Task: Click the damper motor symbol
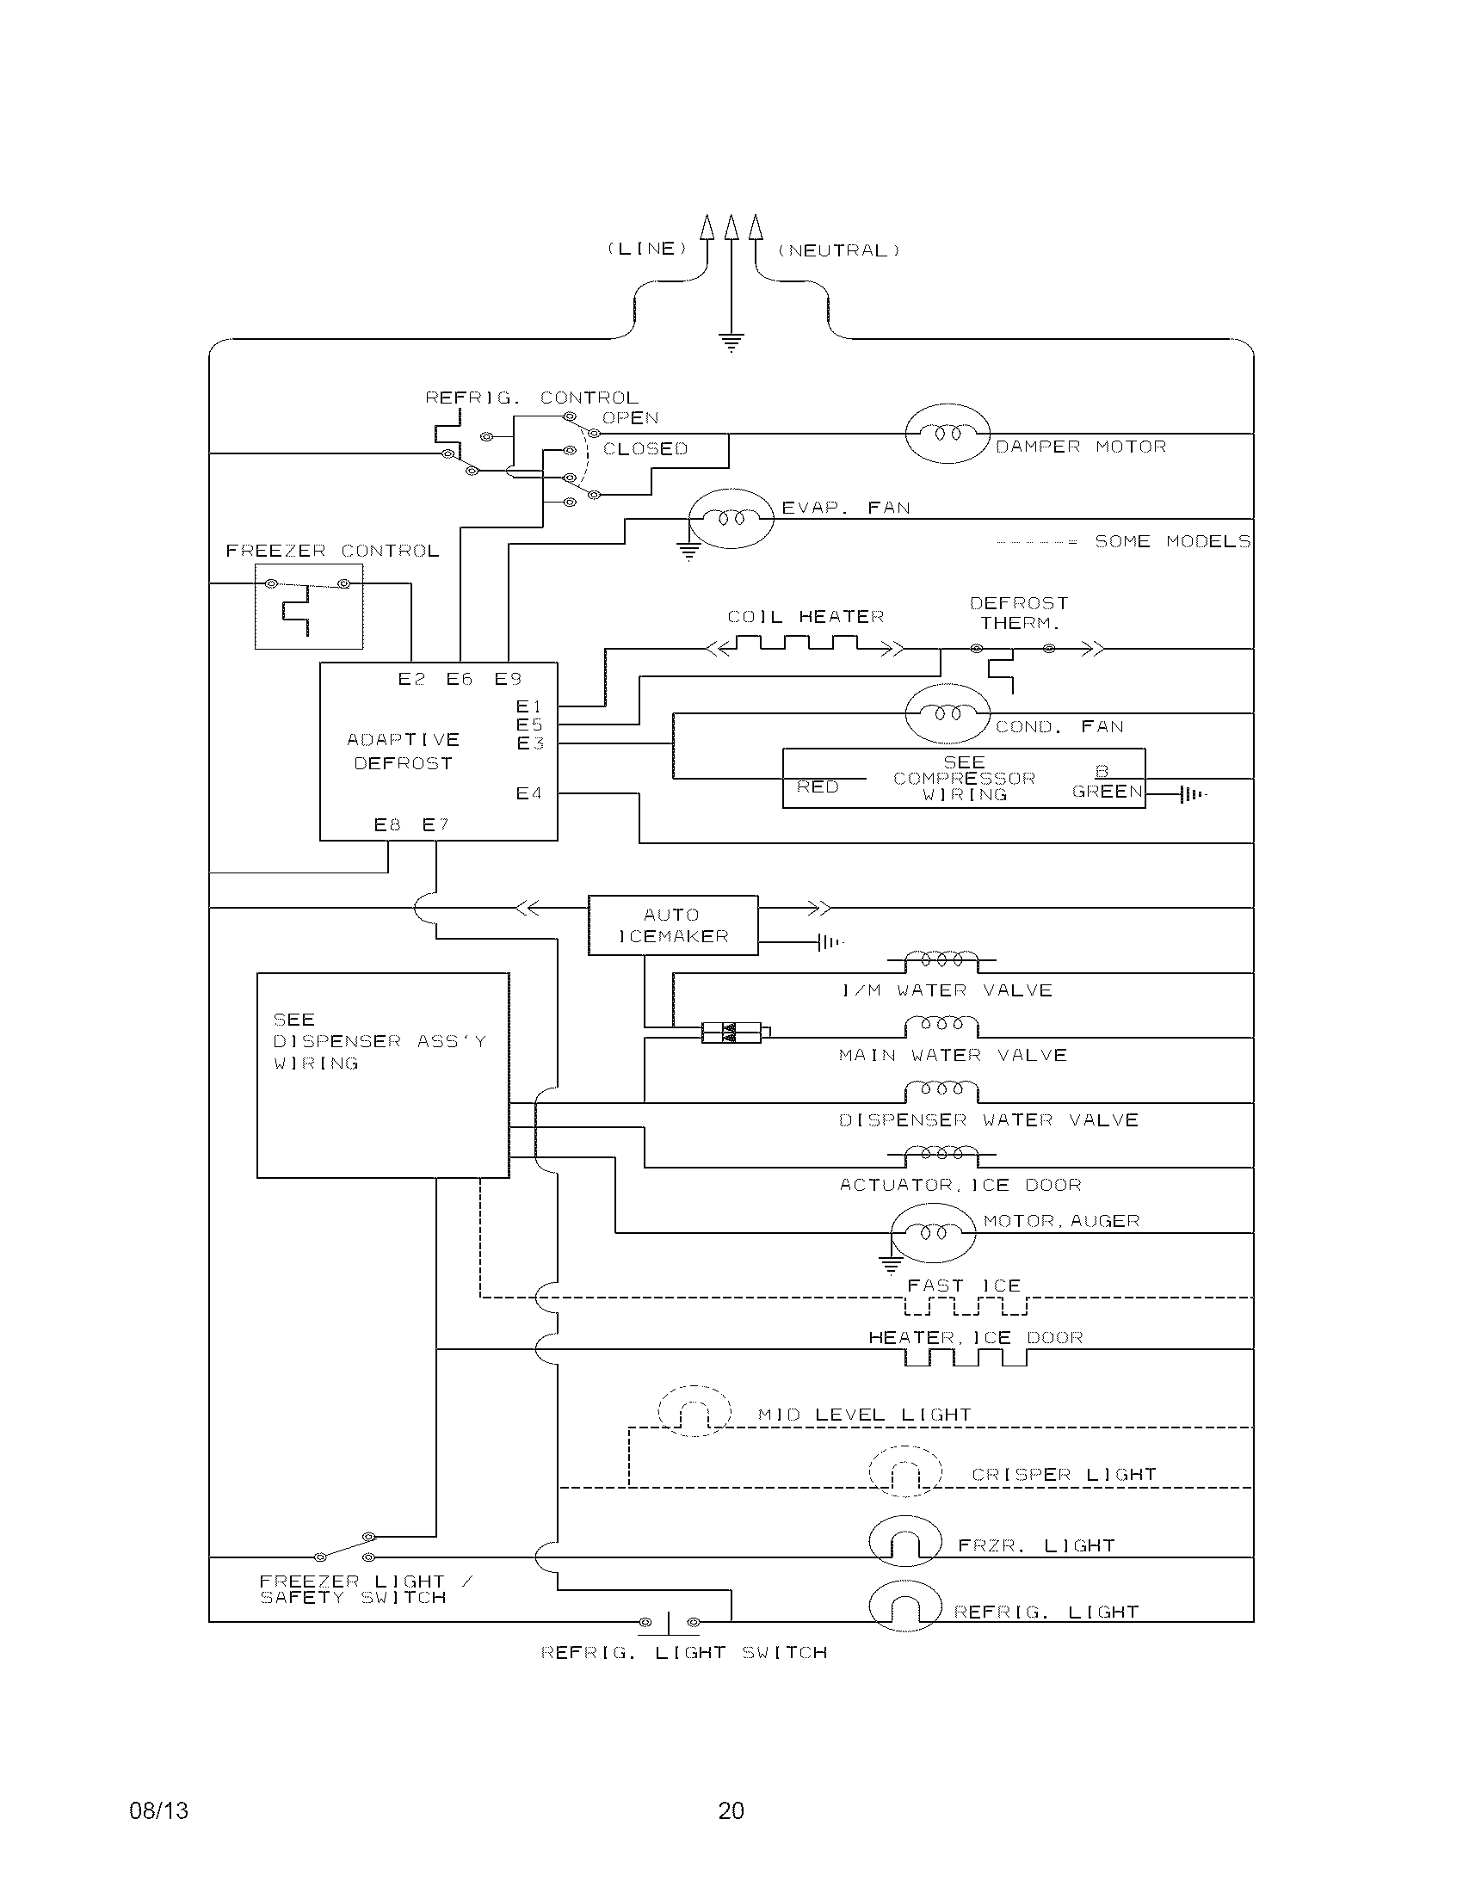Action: click(947, 433)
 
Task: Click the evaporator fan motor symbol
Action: click(731, 518)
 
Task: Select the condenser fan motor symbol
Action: click(947, 713)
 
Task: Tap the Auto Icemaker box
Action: click(673, 925)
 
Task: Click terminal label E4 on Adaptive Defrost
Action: click(528, 793)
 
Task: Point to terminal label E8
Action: click(387, 825)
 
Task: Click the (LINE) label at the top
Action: click(646, 249)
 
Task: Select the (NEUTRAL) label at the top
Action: click(838, 250)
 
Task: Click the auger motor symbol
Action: click(933, 1231)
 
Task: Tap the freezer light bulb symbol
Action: click(904, 1541)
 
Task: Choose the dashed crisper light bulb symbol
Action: click(904, 1471)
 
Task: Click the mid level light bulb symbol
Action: click(694, 1411)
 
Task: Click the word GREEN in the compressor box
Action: click(1107, 792)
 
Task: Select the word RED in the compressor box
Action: click(818, 787)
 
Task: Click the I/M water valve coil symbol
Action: click(941, 960)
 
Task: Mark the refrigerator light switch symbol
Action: click(669, 1622)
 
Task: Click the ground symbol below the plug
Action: click(731, 342)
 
